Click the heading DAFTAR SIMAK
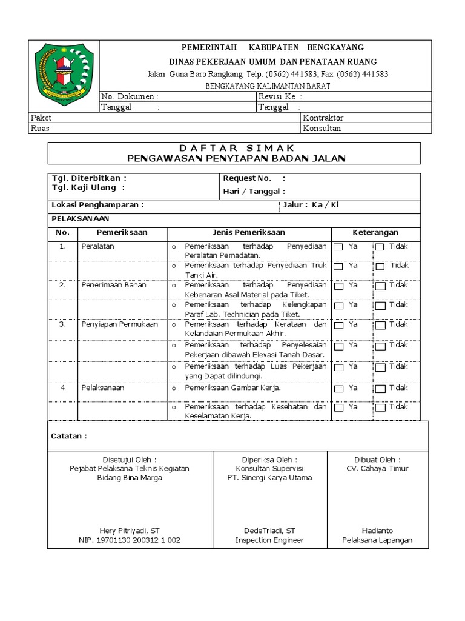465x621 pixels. pyautogui.click(x=237, y=148)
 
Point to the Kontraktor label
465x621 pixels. pyautogui.click(x=323, y=118)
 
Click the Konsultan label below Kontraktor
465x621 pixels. pyautogui.click(x=322, y=128)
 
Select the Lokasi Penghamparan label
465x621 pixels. pyautogui.click(x=97, y=205)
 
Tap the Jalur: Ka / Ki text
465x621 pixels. pyautogui.click(x=311, y=205)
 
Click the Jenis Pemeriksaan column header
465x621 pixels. pyautogui.click(x=249, y=232)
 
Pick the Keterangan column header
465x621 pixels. pyautogui.click(x=375, y=232)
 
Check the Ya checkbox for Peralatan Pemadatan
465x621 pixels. pyautogui.click(x=338, y=247)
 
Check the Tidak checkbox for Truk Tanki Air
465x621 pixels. pyautogui.click(x=380, y=266)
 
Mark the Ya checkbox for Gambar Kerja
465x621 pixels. pyautogui.click(x=338, y=389)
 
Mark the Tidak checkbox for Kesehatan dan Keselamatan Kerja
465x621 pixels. pyautogui.click(x=380, y=408)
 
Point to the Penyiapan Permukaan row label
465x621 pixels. pyautogui.click(x=119, y=324)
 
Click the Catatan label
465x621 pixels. pyautogui.click(x=68, y=436)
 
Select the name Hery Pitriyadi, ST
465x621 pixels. pyautogui.click(x=130, y=530)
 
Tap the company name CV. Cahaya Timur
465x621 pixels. pyautogui.click(x=377, y=468)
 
